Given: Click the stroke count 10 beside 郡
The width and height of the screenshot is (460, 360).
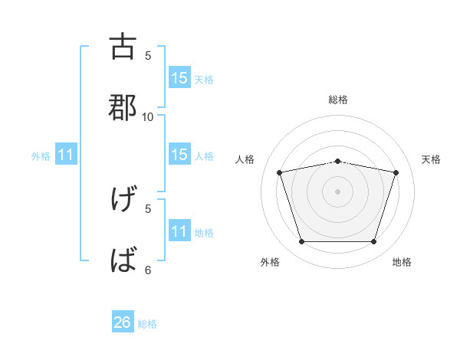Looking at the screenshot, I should tap(148, 116).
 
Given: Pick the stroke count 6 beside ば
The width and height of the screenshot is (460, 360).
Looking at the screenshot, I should tap(148, 270).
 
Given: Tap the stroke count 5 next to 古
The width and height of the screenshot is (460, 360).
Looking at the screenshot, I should tap(148, 55).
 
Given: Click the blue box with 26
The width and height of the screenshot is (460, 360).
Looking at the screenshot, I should tap(123, 322).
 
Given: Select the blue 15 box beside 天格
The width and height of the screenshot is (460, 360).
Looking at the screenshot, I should tap(179, 78).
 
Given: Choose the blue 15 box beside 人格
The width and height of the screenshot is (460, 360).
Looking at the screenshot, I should tap(179, 155).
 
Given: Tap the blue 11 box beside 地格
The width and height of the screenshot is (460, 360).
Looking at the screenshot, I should tap(179, 231).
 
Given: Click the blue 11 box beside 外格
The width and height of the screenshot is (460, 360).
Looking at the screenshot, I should tap(66, 155).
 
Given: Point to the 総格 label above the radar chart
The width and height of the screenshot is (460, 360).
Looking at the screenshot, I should tap(338, 100).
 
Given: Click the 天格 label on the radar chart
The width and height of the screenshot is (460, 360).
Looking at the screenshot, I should tap(432, 159).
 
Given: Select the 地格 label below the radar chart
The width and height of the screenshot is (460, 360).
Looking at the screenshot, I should tap(402, 262).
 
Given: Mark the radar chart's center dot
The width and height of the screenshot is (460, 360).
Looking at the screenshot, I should tap(338, 191).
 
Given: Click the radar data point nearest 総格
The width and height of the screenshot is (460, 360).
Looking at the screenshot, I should tap(338, 161).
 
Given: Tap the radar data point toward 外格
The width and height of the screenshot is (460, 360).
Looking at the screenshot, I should tap(302, 241).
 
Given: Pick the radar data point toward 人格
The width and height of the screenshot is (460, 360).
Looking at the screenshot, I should tap(280, 172).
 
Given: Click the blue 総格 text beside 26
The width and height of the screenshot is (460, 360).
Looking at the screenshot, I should tap(147, 324).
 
